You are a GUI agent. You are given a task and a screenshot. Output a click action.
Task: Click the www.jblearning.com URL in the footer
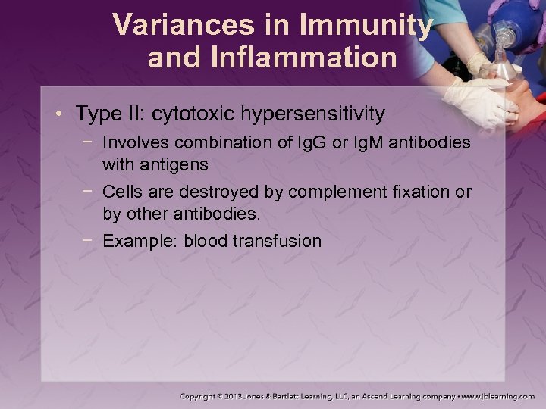click(x=498, y=396)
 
